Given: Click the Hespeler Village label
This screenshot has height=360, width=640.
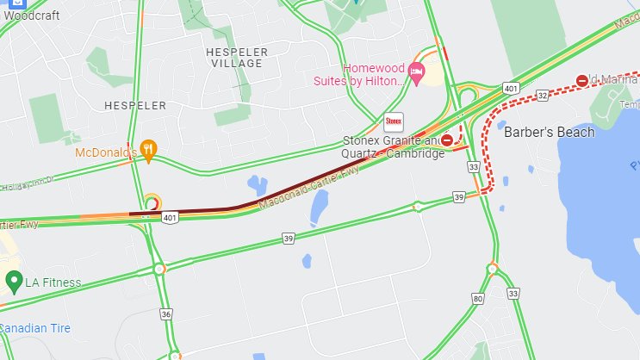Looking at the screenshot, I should (237, 58).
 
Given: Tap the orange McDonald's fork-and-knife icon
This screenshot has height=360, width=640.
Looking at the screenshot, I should (149, 151).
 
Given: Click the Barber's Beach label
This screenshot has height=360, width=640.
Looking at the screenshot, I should (549, 133).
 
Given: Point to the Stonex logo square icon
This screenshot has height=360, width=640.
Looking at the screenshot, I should (394, 121).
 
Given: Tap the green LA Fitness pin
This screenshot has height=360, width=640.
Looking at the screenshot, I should (13, 281).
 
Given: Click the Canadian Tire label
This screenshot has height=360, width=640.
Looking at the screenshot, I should (35, 328).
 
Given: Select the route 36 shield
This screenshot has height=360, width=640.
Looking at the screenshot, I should (165, 314).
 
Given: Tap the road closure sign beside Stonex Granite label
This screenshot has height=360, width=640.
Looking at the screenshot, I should (447, 140).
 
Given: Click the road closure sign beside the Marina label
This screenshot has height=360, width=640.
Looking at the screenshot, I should (582, 80).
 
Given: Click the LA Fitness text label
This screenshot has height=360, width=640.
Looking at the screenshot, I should (53, 282).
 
